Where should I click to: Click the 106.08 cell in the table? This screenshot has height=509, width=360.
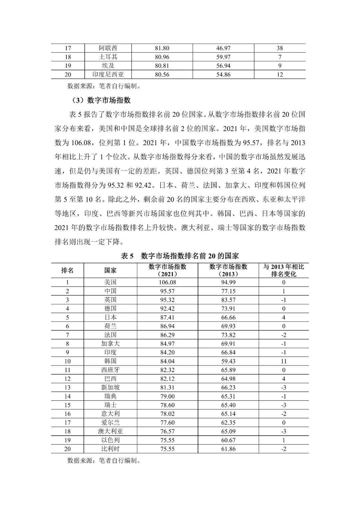click(x=167, y=282)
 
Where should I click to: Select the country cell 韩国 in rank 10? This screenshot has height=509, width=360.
click(x=110, y=361)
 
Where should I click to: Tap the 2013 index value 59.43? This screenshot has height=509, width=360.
click(x=228, y=361)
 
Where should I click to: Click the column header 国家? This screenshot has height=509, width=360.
click(x=110, y=270)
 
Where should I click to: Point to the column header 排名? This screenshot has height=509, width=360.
click(x=67, y=270)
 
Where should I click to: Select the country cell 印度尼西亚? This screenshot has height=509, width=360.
click(x=110, y=75)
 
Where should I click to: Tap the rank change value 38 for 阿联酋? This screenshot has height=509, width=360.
click(x=280, y=48)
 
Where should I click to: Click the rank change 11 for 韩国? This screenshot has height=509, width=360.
click(x=284, y=361)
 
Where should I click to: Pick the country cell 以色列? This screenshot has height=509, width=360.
click(x=110, y=440)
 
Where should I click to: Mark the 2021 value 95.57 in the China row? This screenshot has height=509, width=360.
click(x=167, y=291)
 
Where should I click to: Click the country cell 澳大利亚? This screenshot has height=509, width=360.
click(x=110, y=431)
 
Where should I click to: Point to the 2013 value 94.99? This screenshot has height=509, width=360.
click(x=228, y=282)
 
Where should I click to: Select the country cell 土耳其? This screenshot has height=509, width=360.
click(x=110, y=57)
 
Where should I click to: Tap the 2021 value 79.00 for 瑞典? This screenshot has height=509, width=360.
click(x=167, y=396)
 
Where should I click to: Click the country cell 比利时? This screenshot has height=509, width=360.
click(x=110, y=449)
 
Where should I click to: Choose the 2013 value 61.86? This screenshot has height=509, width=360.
click(x=228, y=449)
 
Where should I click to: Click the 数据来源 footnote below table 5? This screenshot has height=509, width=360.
click(x=104, y=461)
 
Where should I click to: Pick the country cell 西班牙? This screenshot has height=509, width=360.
click(x=110, y=370)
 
